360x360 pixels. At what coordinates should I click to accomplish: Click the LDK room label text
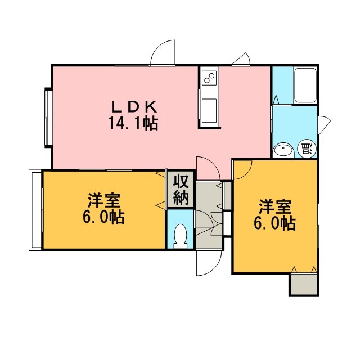pos(134,107)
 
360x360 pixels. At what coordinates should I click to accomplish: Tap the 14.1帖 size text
pos(133,123)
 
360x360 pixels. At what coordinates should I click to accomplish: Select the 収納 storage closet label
pos(181,190)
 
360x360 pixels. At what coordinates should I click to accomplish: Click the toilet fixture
pos(180,236)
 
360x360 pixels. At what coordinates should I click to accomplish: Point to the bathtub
pos(305,85)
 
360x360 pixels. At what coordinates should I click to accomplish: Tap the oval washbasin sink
pos(283,150)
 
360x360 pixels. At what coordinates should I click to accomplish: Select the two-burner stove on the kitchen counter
pos(209,78)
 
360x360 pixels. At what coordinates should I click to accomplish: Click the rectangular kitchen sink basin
pos(209,110)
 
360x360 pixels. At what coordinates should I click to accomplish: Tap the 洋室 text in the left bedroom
pos(103,200)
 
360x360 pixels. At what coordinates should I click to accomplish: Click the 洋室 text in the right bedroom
pos(275,206)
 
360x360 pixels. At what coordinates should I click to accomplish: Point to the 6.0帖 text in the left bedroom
pos(103,217)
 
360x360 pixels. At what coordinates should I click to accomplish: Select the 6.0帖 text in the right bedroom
pos(275,223)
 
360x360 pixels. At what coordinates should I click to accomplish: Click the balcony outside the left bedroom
pos(35,210)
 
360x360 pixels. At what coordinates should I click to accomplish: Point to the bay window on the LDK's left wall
pos(48,118)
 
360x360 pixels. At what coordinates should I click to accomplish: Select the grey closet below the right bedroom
pos(304,285)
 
